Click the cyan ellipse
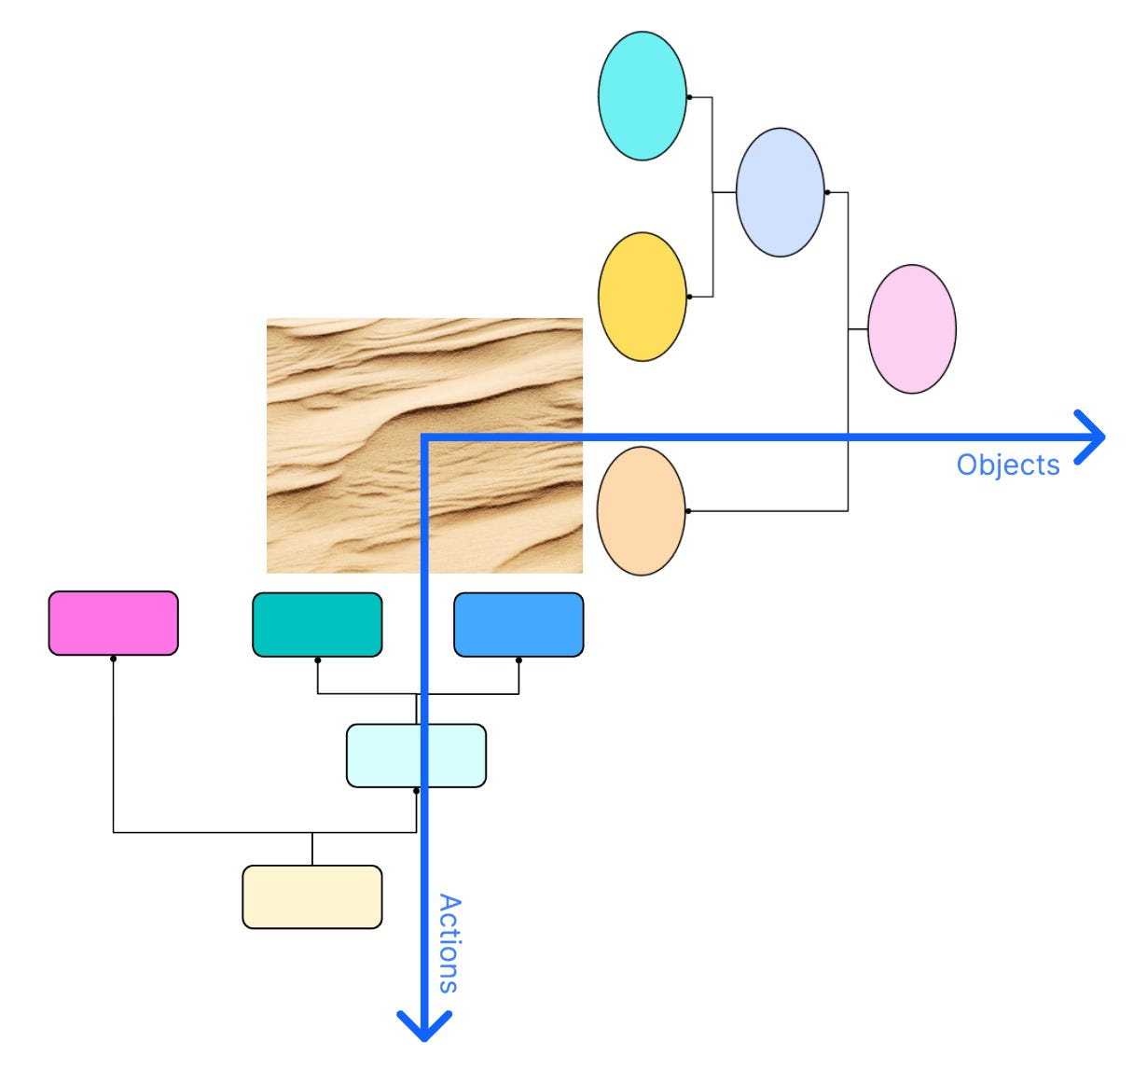pyautogui.click(x=642, y=96)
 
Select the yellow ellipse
pyautogui.click(x=642, y=297)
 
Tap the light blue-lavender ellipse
pyautogui.click(x=780, y=192)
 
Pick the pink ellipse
pyautogui.click(x=911, y=328)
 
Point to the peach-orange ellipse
pyautogui.click(x=641, y=511)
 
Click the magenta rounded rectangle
pyautogui.click(x=113, y=622)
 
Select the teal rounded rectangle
pyautogui.click(x=317, y=624)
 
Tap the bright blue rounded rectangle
pyautogui.click(x=518, y=624)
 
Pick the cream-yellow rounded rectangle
pyautogui.click(x=311, y=896)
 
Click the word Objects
pyautogui.click(x=1008, y=465)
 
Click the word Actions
pyautogui.click(x=449, y=943)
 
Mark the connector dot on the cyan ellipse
pyautogui.click(x=688, y=96)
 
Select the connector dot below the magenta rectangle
pyautogui.click(x=113, y=659)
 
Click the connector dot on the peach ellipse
pyautogui.click(x=687, y=511)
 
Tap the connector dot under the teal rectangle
pyautogui.click(x=317, y=660)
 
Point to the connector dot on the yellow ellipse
pyautogui.click(x=688, y=297)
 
